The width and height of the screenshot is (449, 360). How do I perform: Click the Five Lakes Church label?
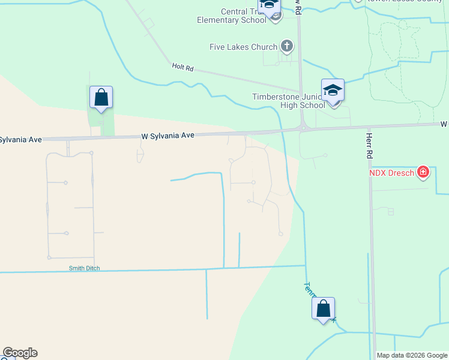[x=243, y=47]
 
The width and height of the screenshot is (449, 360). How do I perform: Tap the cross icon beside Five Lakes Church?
[x=287, y=46]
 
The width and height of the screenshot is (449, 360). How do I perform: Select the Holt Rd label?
[x=182, y=68]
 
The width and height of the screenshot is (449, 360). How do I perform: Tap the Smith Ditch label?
[x=84, y=268]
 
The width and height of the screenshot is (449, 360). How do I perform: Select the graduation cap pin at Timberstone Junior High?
[x=333, y=91]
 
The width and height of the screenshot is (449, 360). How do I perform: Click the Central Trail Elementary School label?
[x=232, y=16]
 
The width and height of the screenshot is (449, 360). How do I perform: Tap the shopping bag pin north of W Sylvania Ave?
[x=101, y=98]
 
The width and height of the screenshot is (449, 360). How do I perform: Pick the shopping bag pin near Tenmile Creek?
[x=323, y=309]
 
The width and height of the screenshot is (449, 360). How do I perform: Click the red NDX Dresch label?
[x=391, y=173]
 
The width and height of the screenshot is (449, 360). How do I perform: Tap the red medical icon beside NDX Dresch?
[x=423, y=173]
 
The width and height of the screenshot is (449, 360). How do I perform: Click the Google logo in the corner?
[x=20, y=353]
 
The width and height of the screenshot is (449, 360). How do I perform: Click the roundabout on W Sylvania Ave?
[x=304, y=127]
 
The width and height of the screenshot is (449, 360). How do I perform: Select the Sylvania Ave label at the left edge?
[x=21, y=139]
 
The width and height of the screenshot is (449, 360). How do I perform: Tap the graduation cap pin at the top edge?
[x=269, y=5]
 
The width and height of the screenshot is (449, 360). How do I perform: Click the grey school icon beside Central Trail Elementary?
[x=275, y=16]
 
